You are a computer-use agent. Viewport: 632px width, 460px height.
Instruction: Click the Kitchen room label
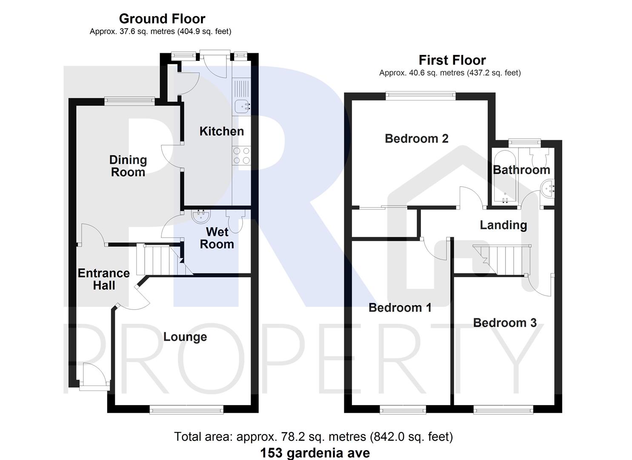[x=222, y=131]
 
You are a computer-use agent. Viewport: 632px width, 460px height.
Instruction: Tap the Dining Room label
[x=128, y=166]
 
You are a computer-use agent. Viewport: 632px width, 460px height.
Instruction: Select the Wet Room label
[x=217, y=238]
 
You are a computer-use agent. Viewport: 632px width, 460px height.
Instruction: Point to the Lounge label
[x=185, y=337]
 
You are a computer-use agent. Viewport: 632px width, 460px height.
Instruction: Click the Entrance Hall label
[x=103, y=279]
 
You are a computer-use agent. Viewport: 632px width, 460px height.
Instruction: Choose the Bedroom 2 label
[x=416, y=138]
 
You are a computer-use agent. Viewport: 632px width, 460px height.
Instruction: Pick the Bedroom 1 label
[x=400, y=308]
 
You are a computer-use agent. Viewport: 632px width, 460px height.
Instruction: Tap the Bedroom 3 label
[x=505, y=323]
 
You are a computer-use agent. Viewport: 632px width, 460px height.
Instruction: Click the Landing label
[x=503, y=225]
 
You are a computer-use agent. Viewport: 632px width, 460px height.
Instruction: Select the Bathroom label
[x=521, y=170]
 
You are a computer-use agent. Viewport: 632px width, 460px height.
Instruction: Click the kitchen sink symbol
[x=241, y=105]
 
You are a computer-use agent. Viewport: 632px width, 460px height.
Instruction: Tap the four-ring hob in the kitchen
[x=241, y=155]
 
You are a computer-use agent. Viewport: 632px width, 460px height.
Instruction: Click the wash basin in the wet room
[x=201, y=216]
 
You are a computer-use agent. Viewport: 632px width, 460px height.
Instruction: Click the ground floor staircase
[x=160, y=260]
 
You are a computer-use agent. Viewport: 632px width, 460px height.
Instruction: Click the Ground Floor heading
[x=162, y=19]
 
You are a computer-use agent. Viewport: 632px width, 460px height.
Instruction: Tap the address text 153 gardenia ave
[x=315, y=452]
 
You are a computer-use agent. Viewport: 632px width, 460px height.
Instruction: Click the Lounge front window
[x=186, y=410]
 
